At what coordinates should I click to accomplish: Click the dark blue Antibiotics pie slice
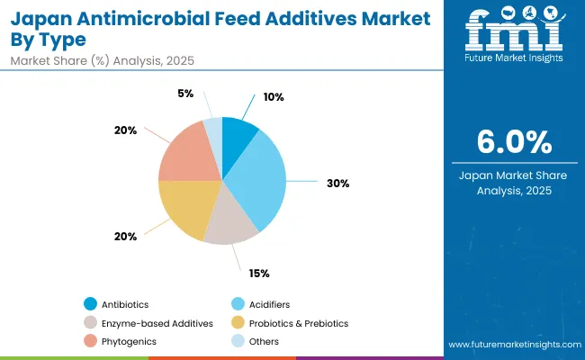point(237,139)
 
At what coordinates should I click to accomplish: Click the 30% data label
point(338,183)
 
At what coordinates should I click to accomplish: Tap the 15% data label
point(259,273)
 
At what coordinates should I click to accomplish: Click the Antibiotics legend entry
point(126,303)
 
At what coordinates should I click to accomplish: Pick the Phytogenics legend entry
point(129,341)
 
